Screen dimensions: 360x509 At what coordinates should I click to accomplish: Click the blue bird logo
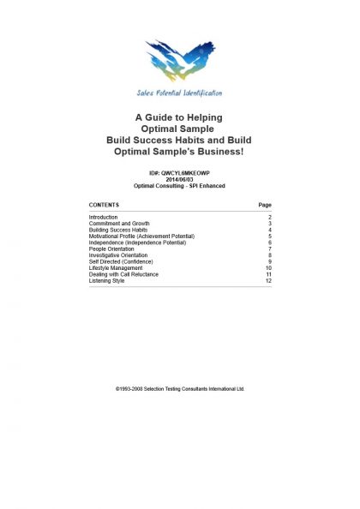pyautogui.click(x=180, y=62)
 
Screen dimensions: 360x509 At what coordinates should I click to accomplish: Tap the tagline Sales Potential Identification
pyautogui.click(x=180, y=93)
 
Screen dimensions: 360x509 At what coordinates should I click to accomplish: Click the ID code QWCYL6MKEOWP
pyautogui.click(x=180, y=173)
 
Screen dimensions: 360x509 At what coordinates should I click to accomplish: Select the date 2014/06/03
pyautogui.click(x=180, y=179)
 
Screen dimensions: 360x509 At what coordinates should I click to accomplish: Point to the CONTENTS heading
pyautogui.click(x=104, y=206)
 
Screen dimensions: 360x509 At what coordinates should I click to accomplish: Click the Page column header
pyautogui.click(x=265, y=206)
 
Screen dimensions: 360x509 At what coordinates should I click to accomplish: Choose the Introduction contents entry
pyautogui.click(x=104, y=219)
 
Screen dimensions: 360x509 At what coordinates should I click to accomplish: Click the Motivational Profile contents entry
pyautogui.click(x=141, y=237)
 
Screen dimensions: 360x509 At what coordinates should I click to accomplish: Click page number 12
pyautogui.click(x=268, y=280)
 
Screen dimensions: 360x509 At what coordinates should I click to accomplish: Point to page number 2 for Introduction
pyautogui.click(x=269, y=219)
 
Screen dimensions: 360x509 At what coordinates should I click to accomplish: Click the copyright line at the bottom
pyautogui.click(x=180, y=388)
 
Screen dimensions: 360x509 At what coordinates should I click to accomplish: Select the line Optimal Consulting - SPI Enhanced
pyautogui.click(x=180, y=185)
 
